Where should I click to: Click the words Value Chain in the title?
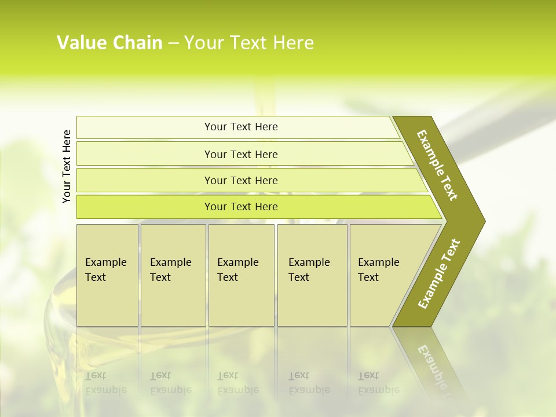pyautogui.click(x=109, y=43)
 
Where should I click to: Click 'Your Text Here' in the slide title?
pyautogui.click(x=249, y=43)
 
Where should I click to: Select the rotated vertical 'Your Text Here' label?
pyautogui.click(x=67, y=166)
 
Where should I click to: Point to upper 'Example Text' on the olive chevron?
pyautogui.click(x=437, y=165)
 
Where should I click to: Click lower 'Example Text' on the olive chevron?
pyautogui.click(x=439, y=273)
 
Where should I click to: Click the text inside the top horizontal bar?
pyautogui.click(x=241, y=127)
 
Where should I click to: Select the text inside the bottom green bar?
pyautogui.click(x=241, y=207)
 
